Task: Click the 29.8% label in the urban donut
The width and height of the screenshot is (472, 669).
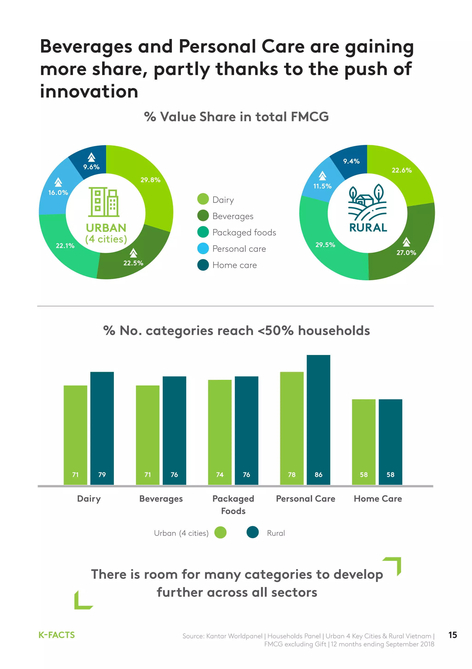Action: pos(150,180)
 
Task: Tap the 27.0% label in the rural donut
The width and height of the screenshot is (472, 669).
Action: pos(406,253)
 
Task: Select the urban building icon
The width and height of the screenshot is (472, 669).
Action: pos(104,202)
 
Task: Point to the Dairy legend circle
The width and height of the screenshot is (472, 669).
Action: pos(203,199)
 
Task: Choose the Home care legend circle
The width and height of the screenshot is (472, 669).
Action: pos(203,265)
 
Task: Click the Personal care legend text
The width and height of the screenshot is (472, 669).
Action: pos(239,249)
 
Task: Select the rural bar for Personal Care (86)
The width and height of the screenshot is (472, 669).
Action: pos(318,420)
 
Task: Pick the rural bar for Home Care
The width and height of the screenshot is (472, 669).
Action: pos(390,442)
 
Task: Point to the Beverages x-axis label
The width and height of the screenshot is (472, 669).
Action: pos(161,499)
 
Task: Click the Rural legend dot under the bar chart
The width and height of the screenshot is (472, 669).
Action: pos(252,532)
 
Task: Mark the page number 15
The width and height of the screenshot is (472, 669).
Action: pos(452,635)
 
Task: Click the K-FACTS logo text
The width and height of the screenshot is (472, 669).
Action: pos(57,635)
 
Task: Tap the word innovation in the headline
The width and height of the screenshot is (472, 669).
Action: pos(89,91)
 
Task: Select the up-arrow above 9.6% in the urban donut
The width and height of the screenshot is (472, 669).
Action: pos(91,157)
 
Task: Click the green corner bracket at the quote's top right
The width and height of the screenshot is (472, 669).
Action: pos(394,565)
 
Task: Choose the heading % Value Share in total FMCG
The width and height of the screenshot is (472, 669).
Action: pos(236,117)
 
